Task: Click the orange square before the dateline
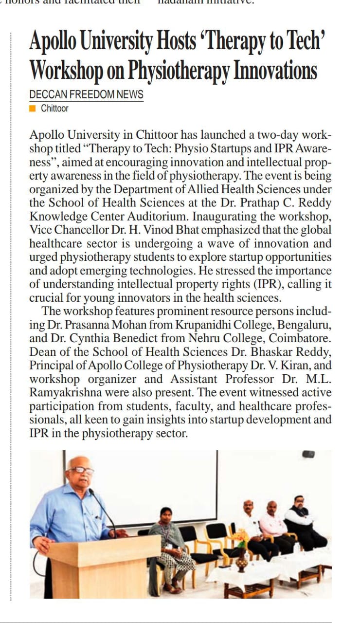[33, 109]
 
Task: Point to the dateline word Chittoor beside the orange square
[54, 109]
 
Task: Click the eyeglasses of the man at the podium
[82, 470]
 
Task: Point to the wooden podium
[105, 567]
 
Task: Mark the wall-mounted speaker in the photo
[308, 454]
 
